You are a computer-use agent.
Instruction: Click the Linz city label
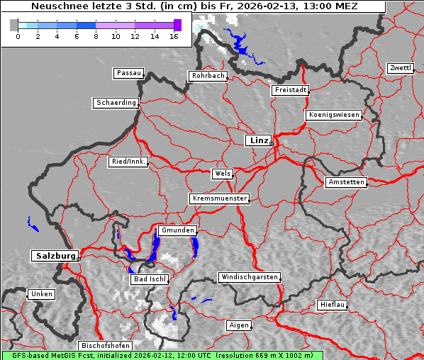coord(259,140)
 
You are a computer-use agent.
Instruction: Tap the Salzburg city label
coord(54,255)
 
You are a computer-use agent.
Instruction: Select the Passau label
coord(128,73)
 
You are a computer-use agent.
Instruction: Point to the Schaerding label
coord(116,103)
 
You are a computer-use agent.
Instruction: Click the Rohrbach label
coord(207,76)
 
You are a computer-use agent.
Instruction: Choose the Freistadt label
coord(290,90)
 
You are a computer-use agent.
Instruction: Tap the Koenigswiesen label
coord(334,115)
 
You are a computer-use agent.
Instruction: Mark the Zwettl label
coord(400,68)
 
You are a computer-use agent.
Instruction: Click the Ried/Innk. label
coord(128,162)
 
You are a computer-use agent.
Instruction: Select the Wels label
coord(222,174)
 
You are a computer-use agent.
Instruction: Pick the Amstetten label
coord(346,182)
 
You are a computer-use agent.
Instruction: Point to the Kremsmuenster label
coord(220,198)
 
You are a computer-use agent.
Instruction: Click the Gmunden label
coord(177,230)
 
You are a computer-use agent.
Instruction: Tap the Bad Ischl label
coord(149,279)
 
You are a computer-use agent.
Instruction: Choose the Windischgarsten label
coord(249,277)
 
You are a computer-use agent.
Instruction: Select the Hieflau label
coord(333,305)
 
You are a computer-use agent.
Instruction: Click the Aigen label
coord(239,325)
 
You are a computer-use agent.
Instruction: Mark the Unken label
coord(41,293)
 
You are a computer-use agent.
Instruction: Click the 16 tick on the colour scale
coord(174,35)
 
